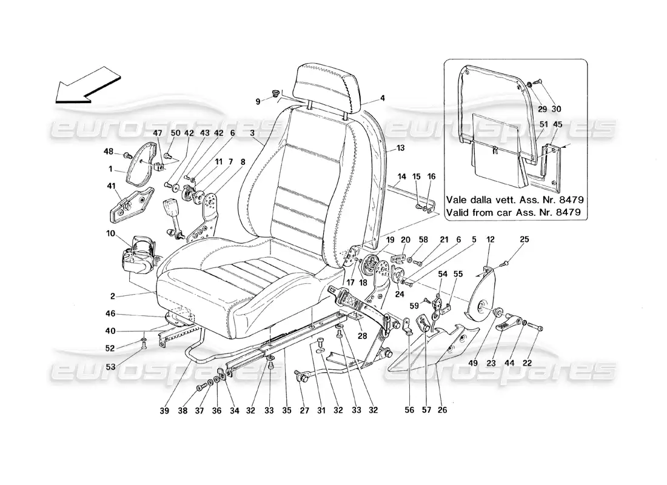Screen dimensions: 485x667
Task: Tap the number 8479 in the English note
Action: [568, 213]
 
